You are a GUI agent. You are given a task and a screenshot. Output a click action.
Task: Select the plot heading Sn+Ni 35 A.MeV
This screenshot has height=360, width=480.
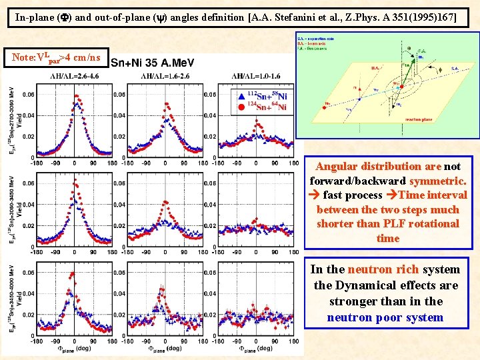coord(152,63)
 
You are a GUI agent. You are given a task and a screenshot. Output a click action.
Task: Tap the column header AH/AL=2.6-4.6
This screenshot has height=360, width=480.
coord(73,77)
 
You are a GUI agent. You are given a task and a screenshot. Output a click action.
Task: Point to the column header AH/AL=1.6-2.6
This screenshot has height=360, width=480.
coord(163,77)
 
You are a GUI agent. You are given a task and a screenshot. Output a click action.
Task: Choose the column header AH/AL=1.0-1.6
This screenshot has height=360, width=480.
coord(254,77)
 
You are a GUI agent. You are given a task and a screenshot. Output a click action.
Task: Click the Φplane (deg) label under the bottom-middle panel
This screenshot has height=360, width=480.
coord(163,349)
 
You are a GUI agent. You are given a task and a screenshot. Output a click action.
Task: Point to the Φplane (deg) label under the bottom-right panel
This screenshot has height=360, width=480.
coord(253,349)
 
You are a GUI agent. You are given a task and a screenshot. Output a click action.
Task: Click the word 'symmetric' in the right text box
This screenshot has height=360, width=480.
coord(438,181)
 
